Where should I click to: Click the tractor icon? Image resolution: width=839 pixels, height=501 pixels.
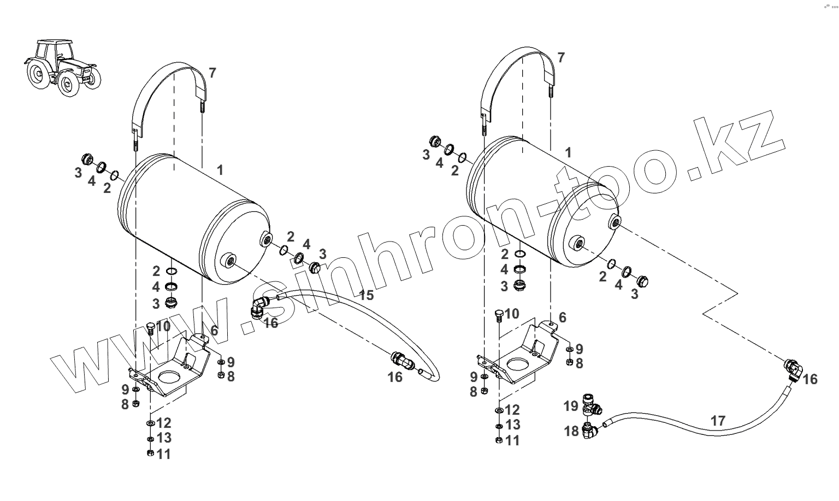pos(62,67)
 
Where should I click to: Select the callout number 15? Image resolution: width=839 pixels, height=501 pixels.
pos(366,295)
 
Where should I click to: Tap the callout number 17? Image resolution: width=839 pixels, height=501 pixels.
pos(719,421)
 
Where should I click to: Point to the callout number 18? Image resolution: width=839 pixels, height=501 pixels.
pos(571,432)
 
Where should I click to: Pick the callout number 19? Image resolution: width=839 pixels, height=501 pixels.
pos(571,406)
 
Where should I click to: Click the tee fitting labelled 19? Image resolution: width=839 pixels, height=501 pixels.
pos(592,405)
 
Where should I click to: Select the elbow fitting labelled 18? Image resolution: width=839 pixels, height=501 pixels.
pos(592,431)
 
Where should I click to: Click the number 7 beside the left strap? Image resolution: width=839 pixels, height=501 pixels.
pos(212,73)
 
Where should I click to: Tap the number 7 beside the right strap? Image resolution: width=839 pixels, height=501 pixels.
pos(561,57)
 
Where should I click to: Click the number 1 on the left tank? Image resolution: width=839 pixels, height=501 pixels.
pos(220,170)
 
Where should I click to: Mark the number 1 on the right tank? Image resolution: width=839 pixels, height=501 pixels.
pos(568,152)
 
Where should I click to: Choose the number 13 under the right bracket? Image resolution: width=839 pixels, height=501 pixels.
pos(512,425)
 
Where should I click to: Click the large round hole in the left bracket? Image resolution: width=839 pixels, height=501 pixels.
pos(169,378)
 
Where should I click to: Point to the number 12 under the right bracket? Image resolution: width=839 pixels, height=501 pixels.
pos(512,410)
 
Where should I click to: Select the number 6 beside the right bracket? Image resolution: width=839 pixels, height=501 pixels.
pos(562,317)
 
